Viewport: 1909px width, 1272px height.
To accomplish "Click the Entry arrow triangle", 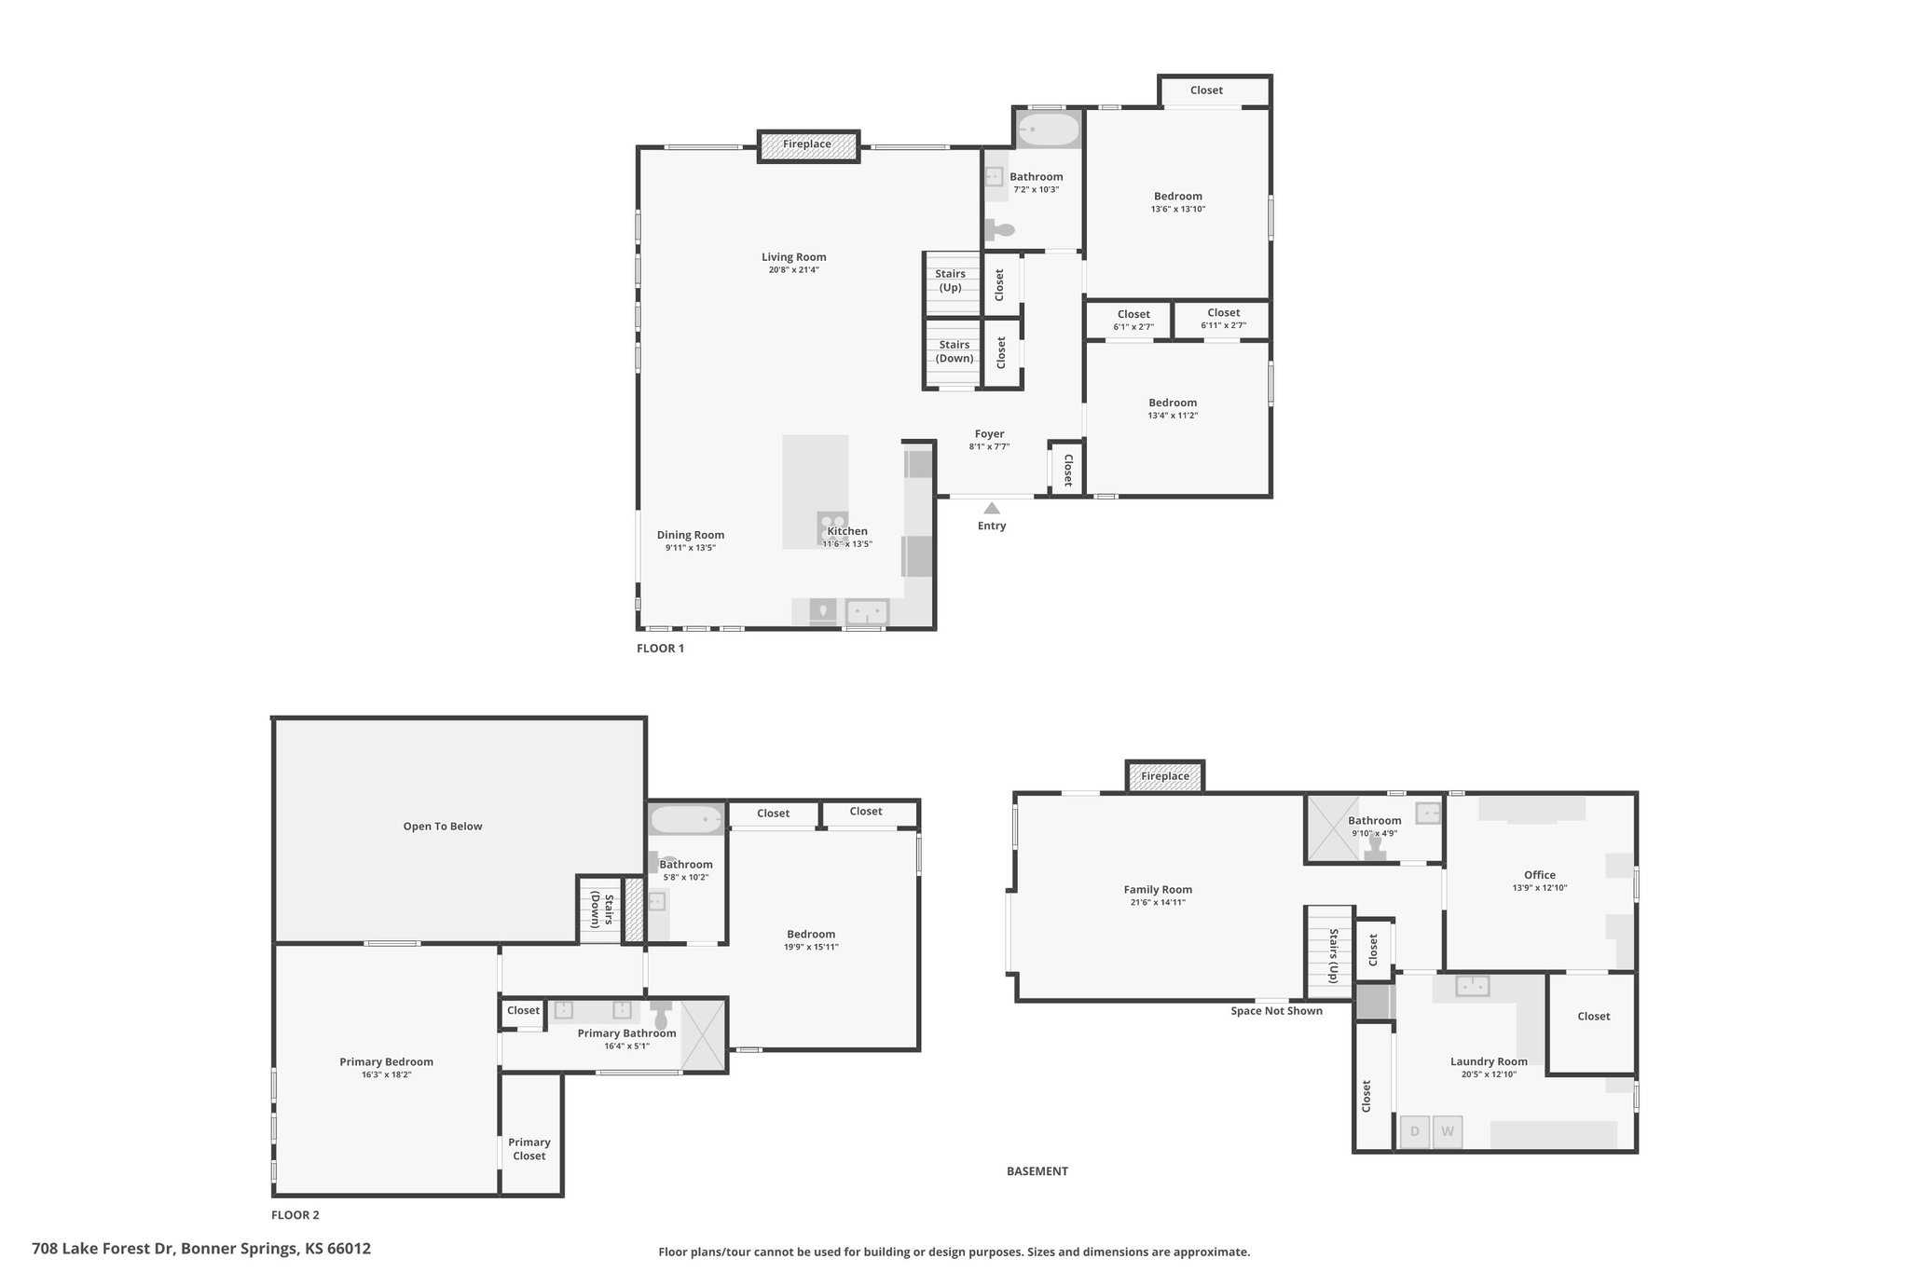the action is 992,508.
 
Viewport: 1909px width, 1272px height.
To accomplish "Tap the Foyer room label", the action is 990,434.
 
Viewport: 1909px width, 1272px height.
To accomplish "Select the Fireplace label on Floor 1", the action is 807,144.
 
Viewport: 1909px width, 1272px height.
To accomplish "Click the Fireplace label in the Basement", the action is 1165,776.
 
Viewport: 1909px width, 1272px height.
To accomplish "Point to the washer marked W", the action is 1448,1132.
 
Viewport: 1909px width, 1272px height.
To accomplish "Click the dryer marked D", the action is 1415,1132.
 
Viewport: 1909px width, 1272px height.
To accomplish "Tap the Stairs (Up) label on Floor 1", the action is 951,280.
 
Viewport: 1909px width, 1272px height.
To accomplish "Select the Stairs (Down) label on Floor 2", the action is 602,911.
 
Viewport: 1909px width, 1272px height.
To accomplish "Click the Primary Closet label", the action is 529,1149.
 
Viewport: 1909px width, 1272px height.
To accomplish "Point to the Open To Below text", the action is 443,827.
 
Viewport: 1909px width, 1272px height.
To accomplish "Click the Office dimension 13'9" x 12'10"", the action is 1540,888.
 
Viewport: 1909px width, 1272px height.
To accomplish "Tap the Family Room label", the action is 1158,890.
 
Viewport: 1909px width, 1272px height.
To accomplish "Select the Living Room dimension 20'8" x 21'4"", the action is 794,270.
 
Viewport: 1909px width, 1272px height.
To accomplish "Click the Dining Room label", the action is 691,535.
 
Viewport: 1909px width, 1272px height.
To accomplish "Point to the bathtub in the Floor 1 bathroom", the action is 1049,130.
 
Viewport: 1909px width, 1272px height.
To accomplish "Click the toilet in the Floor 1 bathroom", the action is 999,229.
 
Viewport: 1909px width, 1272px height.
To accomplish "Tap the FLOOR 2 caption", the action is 295,1215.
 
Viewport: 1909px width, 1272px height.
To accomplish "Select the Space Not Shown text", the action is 1276,1011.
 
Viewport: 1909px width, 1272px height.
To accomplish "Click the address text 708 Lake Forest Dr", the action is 104,1249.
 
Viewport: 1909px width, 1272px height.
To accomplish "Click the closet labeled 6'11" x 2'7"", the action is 1223,320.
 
